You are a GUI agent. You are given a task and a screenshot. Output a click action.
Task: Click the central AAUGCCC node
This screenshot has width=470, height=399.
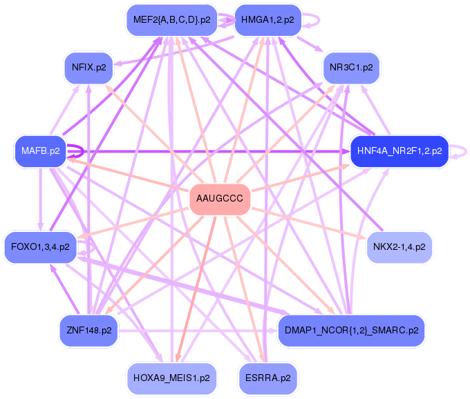[220, 199]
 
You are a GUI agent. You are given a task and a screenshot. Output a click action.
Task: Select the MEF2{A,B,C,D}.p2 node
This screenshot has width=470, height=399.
[171, 20]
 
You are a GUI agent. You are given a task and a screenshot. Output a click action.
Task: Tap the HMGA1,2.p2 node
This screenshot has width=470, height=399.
[267, 20]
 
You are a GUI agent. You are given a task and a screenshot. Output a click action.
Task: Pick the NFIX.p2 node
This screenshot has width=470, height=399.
[88, 68]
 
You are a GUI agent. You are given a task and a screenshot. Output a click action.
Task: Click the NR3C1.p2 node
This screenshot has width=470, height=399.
[351, 68]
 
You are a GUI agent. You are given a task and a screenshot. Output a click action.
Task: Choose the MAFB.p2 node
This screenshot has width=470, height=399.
[41, 151]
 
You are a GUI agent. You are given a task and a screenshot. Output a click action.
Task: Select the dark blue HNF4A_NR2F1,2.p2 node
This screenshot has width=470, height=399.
[399, 151]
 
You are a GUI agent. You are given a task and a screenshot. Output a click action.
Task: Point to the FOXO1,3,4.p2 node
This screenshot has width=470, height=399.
[41, 247]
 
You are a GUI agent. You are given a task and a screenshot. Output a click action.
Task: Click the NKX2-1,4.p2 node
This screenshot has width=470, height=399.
[399, 247]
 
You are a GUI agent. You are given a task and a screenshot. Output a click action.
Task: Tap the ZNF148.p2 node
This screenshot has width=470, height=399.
[88, 331]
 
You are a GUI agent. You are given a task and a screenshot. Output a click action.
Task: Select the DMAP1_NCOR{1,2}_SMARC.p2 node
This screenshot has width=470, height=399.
[351, 331]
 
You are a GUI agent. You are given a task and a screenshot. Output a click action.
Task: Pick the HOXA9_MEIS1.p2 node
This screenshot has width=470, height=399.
[171, 378]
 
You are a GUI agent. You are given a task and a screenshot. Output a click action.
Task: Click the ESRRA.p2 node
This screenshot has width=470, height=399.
[268, 378]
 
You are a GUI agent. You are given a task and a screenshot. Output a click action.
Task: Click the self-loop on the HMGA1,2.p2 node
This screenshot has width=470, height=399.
[319, 20]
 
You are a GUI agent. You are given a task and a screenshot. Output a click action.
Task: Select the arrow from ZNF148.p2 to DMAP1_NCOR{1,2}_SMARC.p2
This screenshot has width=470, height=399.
[198, 331]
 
